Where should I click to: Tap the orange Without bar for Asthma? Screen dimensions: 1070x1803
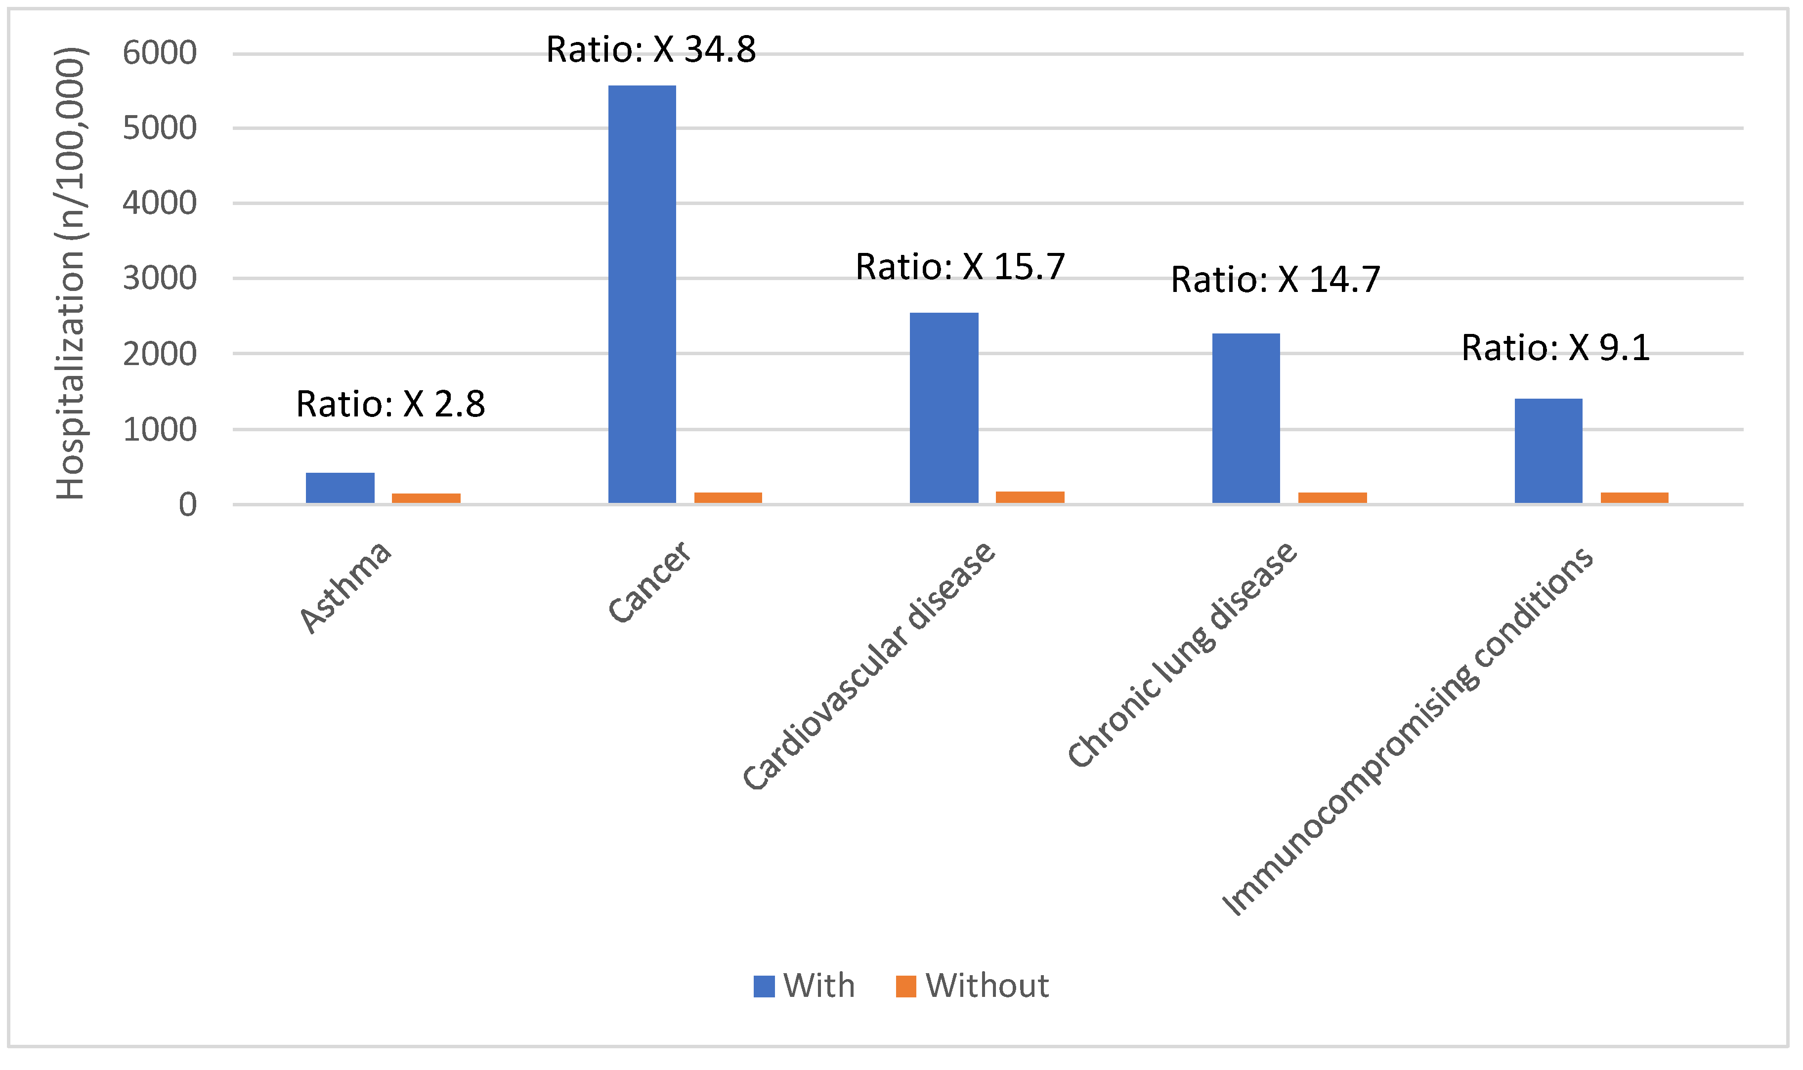[426, 498]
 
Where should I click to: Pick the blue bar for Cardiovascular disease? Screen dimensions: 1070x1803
[944, 408]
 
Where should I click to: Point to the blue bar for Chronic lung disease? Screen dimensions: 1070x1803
[1246, 418]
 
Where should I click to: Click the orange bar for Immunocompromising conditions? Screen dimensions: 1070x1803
[1634, 497]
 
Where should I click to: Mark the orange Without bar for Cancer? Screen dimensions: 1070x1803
[728, 497]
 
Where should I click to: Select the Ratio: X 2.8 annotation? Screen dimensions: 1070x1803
[390, 405]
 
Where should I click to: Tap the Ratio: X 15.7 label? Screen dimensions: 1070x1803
[960, 267]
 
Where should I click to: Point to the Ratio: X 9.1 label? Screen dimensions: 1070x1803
[1555, 348]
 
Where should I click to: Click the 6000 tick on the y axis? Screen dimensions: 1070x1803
[159, 53]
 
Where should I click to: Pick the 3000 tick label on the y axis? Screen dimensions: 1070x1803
[159, 278]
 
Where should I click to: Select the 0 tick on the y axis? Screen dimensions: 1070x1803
[187, 505]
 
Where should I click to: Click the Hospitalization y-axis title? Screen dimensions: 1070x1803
[71, 274]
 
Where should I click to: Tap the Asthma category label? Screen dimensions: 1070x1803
[346, 588]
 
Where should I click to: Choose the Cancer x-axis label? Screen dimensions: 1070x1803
[649, 582]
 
